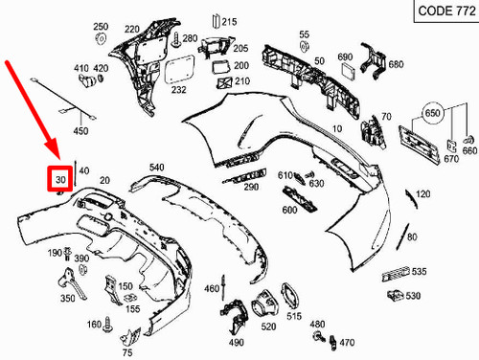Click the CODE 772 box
pos(446,11)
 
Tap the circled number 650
pos(433,113)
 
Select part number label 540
pos(157,168)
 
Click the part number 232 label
pos(178,90)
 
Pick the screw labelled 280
pos(176,39)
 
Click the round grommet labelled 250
pos(101,39)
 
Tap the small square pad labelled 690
pos(347,70)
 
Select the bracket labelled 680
pos(373,60)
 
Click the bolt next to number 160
pos(107,325)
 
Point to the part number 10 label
pos(337,129)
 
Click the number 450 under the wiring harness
pos(80,130)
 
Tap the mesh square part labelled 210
pos(224,82)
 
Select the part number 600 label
pos(289,210)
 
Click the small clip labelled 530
pos(396,296)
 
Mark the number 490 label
pos(237,343)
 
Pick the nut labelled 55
pos(304,46)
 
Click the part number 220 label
pos(132,29)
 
